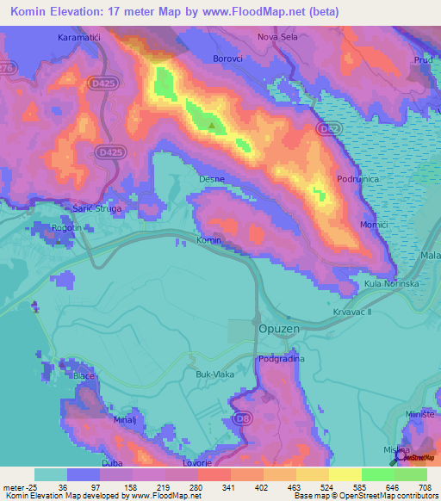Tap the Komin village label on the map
click(x=209, y=240)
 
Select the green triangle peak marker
click(x=212, y=126)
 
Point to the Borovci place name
click(x=230, y=59)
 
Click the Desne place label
click(x=211, y=179)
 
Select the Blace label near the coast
click(x=84, y=376)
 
